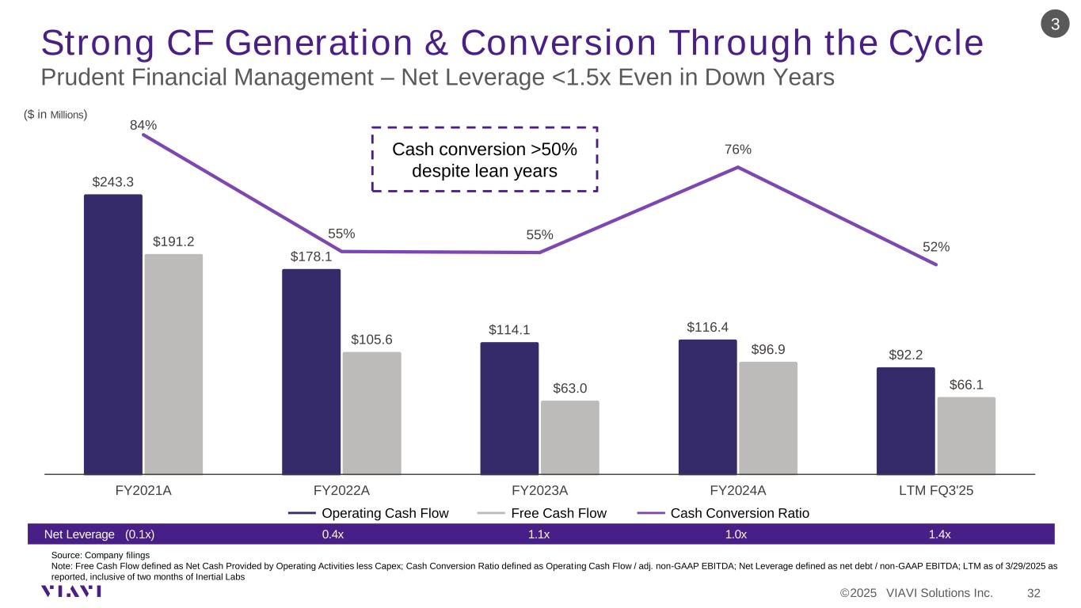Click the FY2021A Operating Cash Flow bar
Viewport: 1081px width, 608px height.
click(x=113, y=333)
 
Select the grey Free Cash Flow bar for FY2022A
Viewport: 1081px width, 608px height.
click(x=372, y=412)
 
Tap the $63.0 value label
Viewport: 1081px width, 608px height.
click(x=570, y=388)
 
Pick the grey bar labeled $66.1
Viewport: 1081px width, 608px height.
click(x=966, y=435)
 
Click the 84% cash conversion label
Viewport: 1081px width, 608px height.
click(x=143, y=125)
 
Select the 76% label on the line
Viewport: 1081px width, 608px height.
click(x=738, y=150)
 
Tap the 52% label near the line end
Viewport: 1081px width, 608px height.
click(x=936, y=247)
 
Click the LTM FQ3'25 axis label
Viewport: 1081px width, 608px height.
click(x=936, y=490)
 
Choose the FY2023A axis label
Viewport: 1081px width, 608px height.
click(x=539, y=490)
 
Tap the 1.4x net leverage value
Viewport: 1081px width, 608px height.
click(x=940, y=534)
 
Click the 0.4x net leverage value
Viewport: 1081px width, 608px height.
click(x=333, y=534)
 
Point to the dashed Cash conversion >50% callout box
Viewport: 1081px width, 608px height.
click(x=485, y=159)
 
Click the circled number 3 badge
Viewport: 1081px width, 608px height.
click(x=1055, y=25)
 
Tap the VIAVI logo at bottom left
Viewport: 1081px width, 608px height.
click(x=71, y=591)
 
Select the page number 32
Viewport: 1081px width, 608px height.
click(x=1033, y=593)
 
